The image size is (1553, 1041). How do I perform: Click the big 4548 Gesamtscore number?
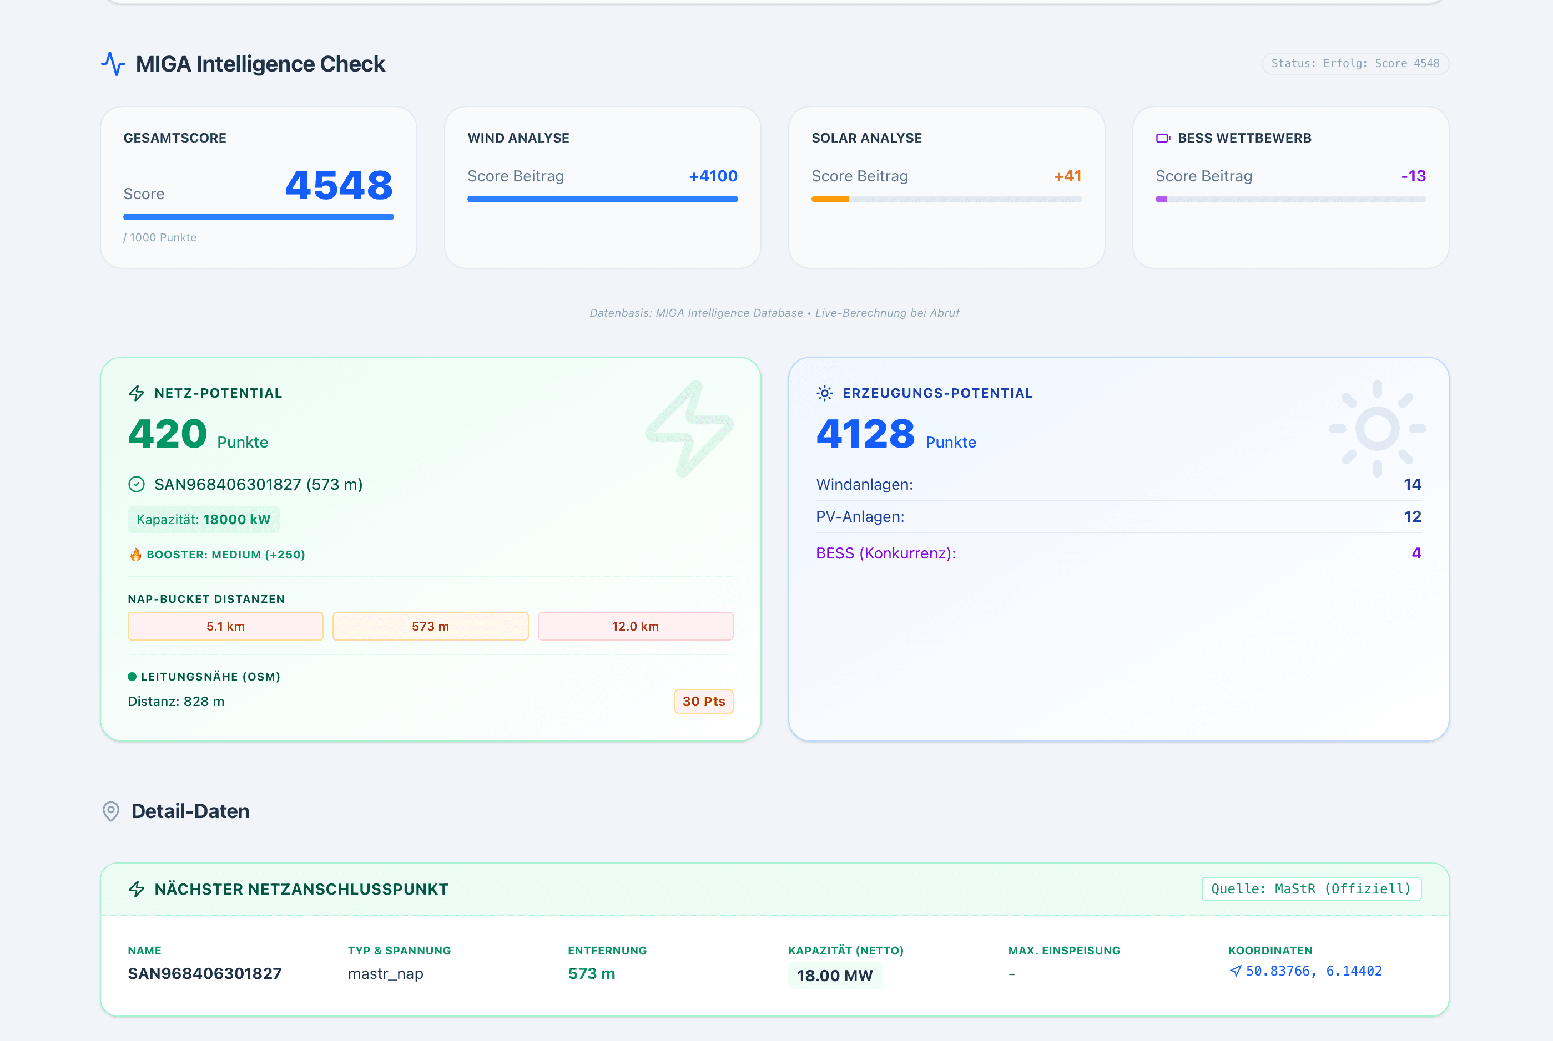tap(339, 185)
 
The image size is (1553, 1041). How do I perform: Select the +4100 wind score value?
tap(713, 176)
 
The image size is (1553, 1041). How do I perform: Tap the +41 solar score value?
tap(1067, 176)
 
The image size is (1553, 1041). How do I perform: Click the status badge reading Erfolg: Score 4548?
tap(1354, 64)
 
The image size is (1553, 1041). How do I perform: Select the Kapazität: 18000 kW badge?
tap(203, 520)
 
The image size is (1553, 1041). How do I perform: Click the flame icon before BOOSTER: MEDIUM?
tap(135, 555)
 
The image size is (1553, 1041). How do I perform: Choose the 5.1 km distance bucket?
tap(225, 626)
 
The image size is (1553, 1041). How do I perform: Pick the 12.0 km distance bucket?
tap(635, 626)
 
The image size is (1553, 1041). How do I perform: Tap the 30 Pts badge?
tap(703, 701)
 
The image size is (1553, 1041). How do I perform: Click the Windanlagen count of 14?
tap(1412, 485)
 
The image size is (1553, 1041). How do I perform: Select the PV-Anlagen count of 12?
tap(1412, 516)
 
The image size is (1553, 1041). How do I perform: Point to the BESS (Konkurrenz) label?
tap(885, 553)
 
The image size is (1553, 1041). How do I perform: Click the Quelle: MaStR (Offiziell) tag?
tap(1310, 889)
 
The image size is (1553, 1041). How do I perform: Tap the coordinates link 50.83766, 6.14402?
tap(1307, 971)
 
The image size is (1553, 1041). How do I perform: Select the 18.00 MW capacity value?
tap(834, 975)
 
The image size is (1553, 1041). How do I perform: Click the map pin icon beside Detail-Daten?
tap(111, 811)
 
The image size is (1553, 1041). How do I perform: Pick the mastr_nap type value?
tap(385, 973)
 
